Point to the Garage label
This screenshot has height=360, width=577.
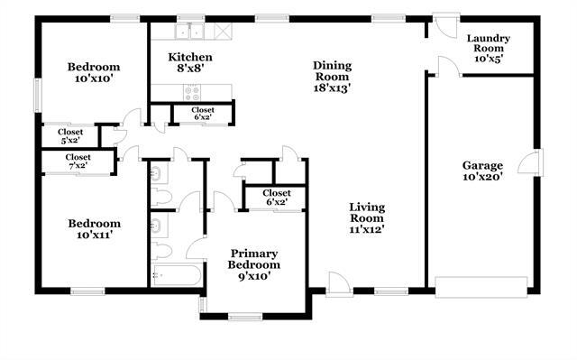(x=482, y=171)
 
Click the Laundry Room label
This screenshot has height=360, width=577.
(x=489, y=48)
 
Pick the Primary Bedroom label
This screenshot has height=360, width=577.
(x=254, y=264)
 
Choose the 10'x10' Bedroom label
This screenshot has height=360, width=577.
(x=94, y=73)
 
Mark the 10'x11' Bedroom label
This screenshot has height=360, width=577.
(x=94, y=229)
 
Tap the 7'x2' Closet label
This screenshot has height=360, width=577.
(x=78, y=162)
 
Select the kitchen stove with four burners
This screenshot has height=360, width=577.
(x=192, y=90)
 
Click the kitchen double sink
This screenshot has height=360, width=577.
(x=190, y=32)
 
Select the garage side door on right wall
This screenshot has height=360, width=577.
(x=533, y=165)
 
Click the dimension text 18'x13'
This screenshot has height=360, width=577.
(x=332, y=88)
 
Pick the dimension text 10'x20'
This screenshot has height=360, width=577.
(x=482, y=177)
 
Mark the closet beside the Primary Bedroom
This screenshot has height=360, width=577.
(x=276, y=198)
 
